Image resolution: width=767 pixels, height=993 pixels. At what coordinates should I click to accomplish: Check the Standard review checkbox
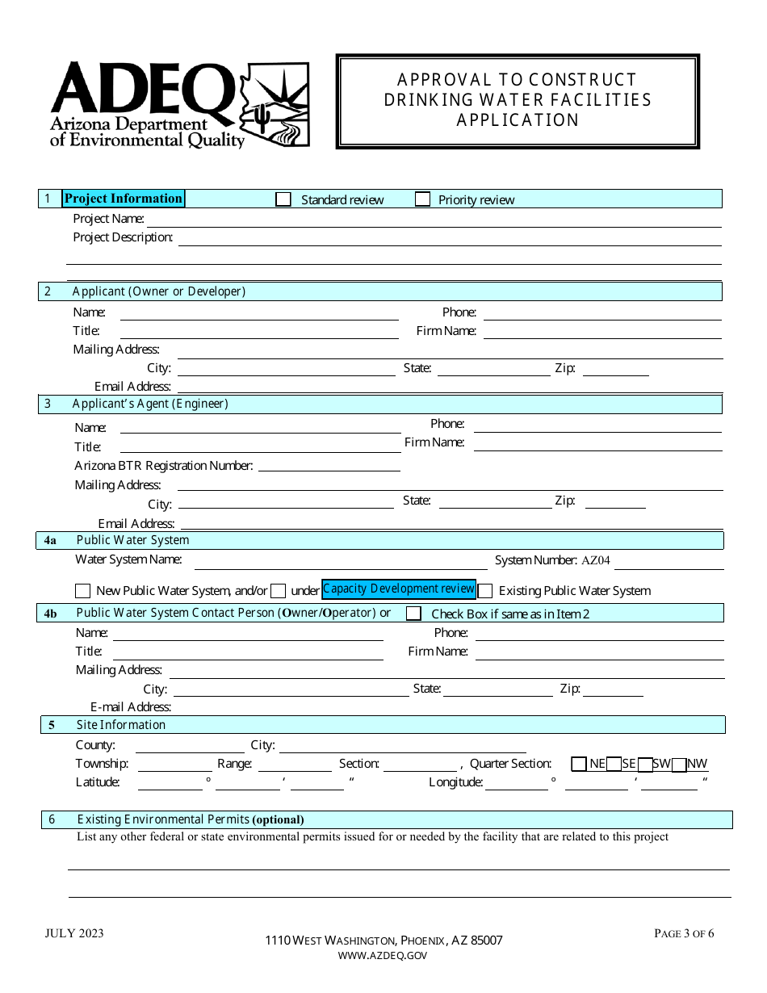[x=283, y=199]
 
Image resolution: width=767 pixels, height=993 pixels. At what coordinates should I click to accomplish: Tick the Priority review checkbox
[x=422, y=199]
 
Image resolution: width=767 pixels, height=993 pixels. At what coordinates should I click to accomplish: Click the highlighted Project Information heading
[x=124, y=199]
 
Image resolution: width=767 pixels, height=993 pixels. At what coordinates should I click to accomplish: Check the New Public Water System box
[x=83, y=591]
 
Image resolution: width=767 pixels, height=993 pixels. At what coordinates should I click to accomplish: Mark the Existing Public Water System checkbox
[x=485, y=591]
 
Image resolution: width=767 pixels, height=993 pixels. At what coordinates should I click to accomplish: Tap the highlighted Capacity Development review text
[x=399, y=589]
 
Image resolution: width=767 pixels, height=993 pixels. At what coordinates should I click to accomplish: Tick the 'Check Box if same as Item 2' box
[x=413, y=614]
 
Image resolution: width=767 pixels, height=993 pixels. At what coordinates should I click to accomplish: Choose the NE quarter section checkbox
[x=579, y=764]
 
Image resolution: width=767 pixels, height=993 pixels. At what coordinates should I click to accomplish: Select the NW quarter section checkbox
[x=679, y=764]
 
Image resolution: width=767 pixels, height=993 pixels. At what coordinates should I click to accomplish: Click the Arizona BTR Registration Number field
[x=329, y=467]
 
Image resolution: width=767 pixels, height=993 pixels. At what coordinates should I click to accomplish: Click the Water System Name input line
[x=341, y=563]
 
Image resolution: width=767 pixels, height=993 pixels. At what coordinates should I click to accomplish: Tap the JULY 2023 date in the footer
[x=74, y=934]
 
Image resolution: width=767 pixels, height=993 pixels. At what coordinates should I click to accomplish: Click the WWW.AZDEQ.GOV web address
[x=383, y=956]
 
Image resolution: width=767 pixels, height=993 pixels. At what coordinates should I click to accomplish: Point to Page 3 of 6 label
[x=684, y=934]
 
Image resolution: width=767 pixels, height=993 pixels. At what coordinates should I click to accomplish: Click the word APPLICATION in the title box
[x=518, y=120]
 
